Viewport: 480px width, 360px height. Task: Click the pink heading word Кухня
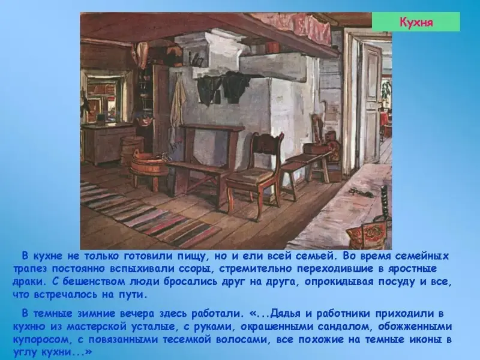(x=416, y=22)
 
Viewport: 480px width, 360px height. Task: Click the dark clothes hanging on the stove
(x=223, y=87)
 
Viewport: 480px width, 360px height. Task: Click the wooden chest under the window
(x=108, y=143)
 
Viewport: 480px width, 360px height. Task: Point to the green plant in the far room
(x=386, y=88)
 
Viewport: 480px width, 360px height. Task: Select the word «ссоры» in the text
(x=196, y=269)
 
